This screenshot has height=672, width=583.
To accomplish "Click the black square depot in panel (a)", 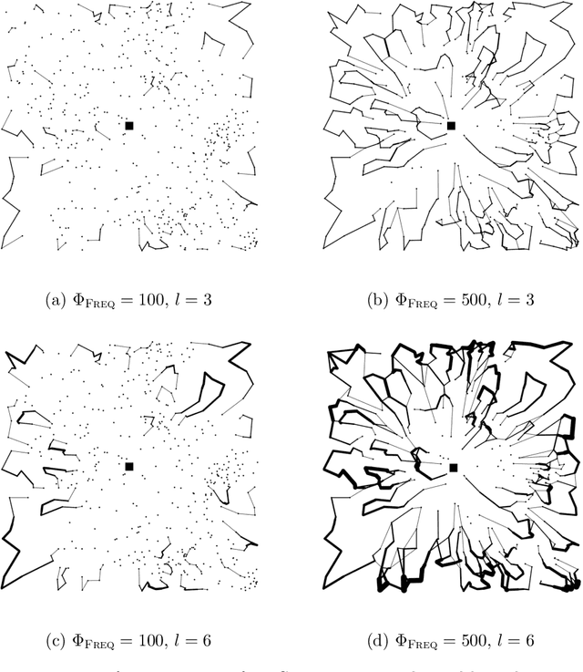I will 129,126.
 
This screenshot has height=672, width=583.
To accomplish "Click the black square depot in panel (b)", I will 451,126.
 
